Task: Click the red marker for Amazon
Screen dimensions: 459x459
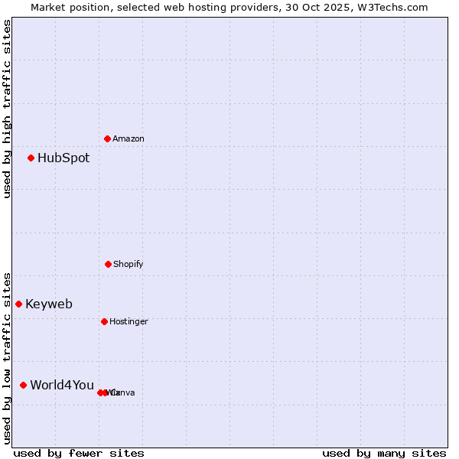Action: click(x=108, y=138)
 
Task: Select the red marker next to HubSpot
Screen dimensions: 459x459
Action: click(x=31, y=158)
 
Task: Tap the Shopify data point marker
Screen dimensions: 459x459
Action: click(x=108, y=264)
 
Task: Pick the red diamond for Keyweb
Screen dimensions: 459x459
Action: click(x=19, y=304)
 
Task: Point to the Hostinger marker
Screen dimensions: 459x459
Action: click(x=104, y=321)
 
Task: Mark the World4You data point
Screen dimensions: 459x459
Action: click(x=24, y=385)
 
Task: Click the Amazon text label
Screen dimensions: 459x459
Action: click(x=129, y=139)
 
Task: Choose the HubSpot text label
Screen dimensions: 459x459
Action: click(x=63, y=158)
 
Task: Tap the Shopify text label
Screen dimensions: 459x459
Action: click(x=129, y=265)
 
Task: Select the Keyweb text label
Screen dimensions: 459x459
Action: click(x=49, y=304)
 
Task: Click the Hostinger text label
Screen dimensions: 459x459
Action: click(x=129, y=322)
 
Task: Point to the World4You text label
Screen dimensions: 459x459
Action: click(x=62, y=385)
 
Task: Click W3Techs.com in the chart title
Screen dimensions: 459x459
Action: click(x=394, y=8)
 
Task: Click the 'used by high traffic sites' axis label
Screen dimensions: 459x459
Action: click(x=8, y=109)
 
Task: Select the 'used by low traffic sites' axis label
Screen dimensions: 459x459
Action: click(x=8, y=357)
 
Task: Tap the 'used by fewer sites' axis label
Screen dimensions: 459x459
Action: click(x=79, y=453)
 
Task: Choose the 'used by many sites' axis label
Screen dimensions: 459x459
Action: click(x=384, y=453)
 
